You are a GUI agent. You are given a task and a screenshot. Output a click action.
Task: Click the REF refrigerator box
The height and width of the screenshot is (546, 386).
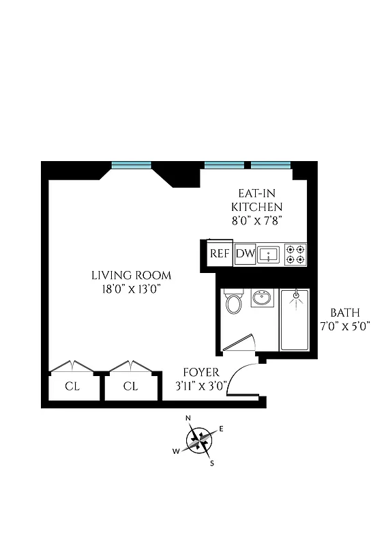coord(220,253)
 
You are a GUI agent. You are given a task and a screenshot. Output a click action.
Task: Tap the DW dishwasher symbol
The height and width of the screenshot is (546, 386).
coord(245,255)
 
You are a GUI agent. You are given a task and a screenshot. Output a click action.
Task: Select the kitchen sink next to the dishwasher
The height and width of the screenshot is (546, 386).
coord(270,255)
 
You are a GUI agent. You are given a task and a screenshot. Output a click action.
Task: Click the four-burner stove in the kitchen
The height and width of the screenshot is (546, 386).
coord(295,255)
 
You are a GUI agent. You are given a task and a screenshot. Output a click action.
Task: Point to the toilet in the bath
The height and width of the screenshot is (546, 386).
coord(234,302)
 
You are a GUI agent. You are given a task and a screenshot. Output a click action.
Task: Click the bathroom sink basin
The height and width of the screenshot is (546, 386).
coord(262,298)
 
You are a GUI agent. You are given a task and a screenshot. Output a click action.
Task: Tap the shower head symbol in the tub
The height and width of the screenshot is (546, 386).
coord(295,296)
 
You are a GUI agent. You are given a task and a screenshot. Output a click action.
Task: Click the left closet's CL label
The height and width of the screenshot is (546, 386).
coord(72,386)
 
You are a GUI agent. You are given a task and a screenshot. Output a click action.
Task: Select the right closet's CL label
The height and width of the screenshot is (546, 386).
coord(131,386)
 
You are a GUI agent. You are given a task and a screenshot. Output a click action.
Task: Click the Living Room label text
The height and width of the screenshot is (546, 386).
coord(131,276)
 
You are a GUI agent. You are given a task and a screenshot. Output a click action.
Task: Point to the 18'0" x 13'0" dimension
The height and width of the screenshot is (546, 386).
coord(131,289)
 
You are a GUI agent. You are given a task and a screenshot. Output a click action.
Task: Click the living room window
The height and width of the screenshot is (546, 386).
coord(131,164)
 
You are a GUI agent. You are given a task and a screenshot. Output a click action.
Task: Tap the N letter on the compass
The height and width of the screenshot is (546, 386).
coord(189,418)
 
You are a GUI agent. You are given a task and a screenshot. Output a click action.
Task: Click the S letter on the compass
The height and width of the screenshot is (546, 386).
coord(212,463)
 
